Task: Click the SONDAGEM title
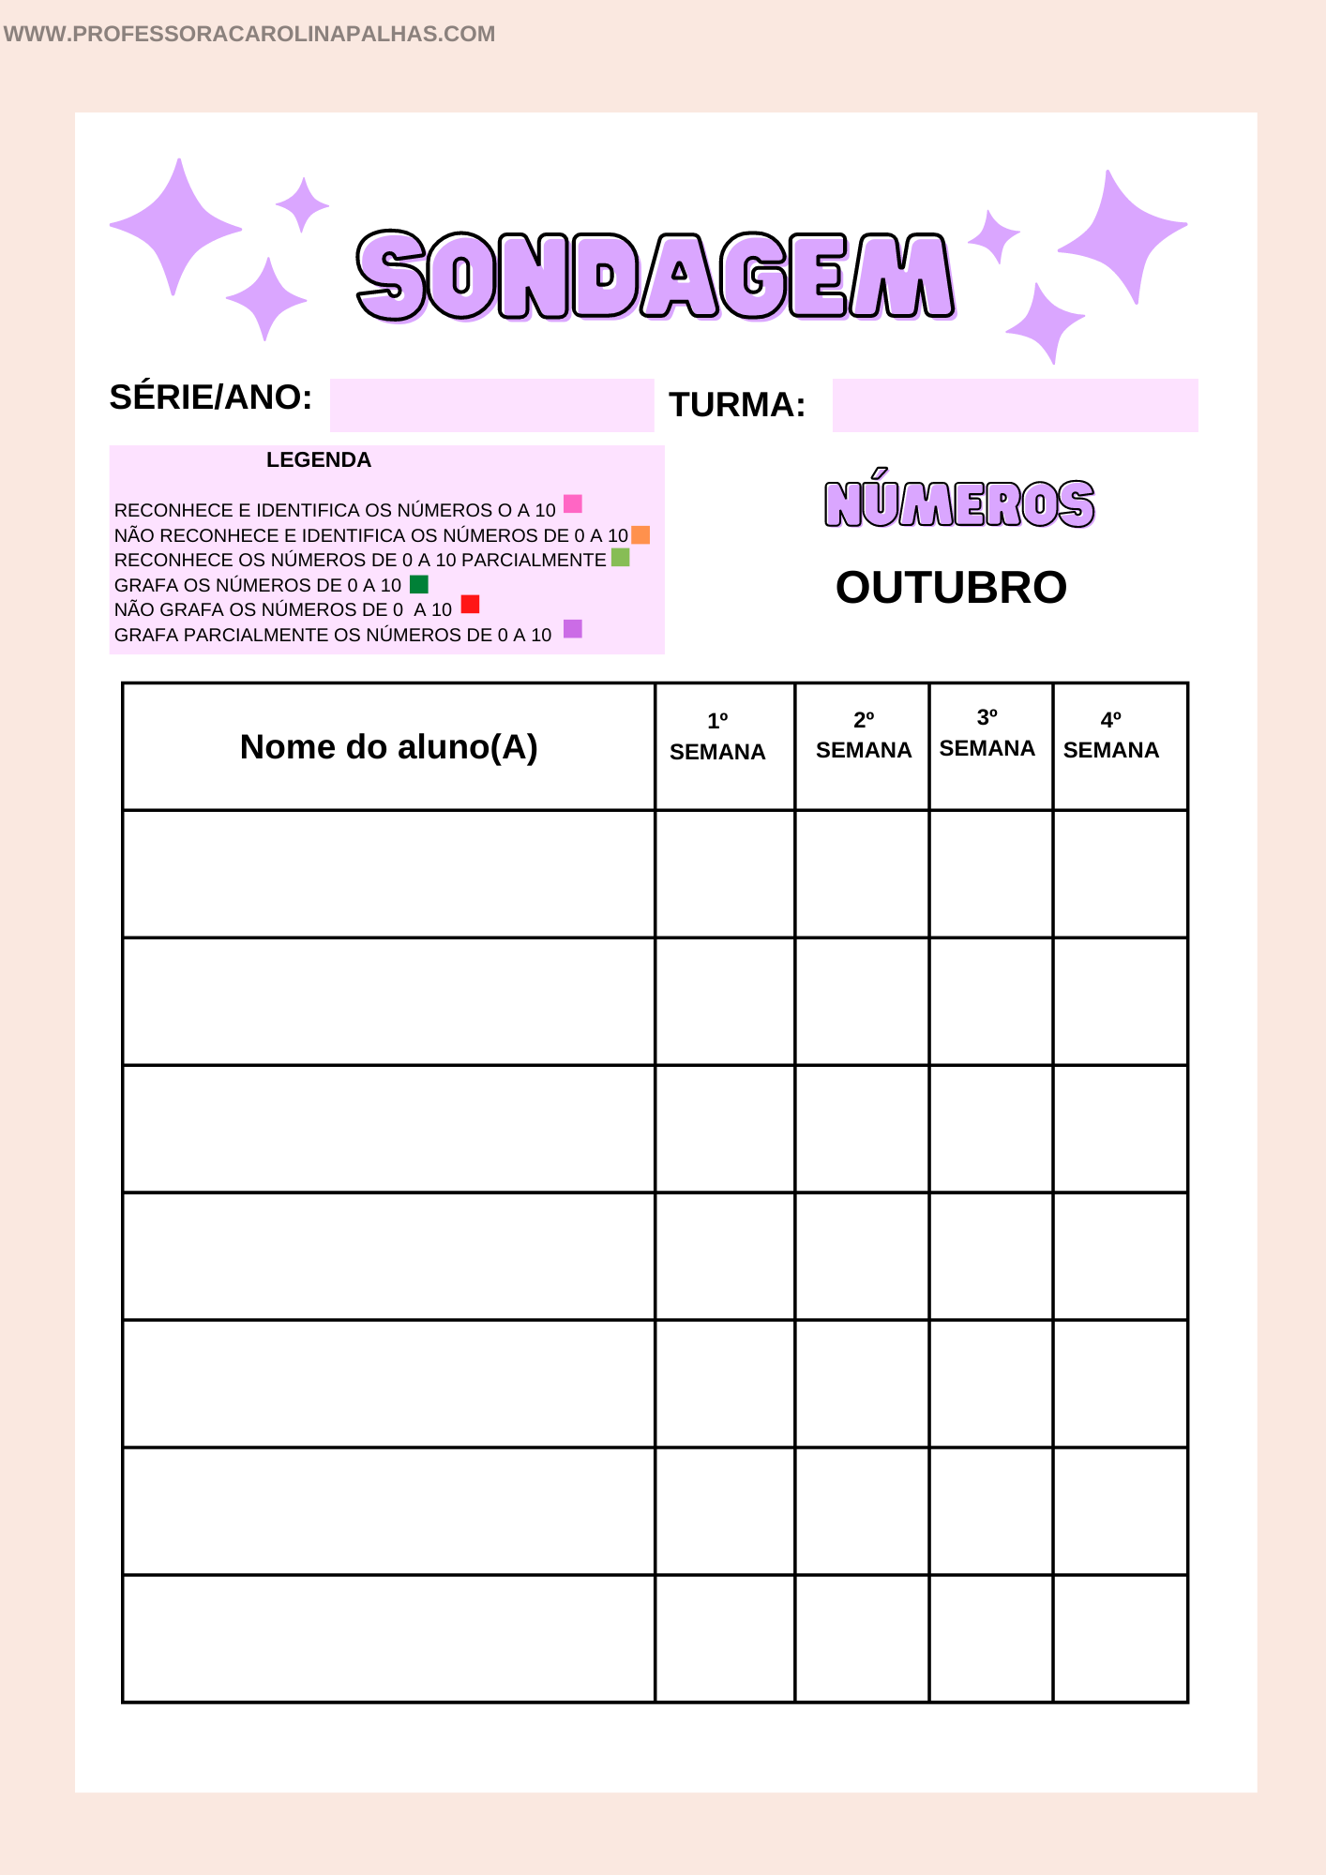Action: point(655,277)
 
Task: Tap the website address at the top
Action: point(249,34)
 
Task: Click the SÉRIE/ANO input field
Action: point(491,405)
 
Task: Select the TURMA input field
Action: point(1015,405)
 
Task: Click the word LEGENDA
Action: point(319,460)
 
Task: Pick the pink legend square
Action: point(573,504)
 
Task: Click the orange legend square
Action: point(640,534)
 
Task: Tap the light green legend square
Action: point(620,558)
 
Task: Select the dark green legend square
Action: point(419,584)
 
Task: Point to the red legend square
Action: point(470,605)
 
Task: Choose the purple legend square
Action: point(573,629)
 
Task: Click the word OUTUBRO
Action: point(951,588)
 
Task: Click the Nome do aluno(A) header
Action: point(388,747)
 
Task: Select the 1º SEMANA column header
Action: point(717,737)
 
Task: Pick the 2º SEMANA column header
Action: point(864,736)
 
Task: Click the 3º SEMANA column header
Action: point(987,733)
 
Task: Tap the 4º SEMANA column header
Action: point(1111,736)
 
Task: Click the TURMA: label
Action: point(737,405)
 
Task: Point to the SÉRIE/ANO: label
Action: point(211,397)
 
